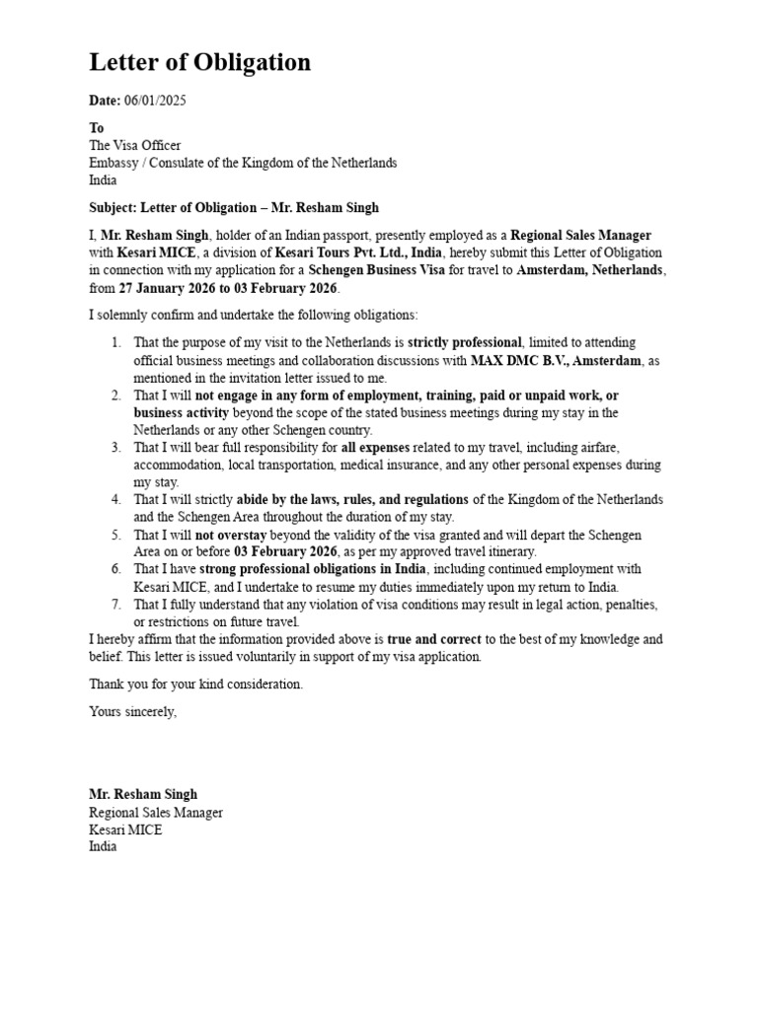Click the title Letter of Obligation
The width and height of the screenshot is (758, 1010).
tap(199, 63)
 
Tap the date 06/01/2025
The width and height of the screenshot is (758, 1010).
tap(155, 101)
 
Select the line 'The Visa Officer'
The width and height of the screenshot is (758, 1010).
tap(135, 145)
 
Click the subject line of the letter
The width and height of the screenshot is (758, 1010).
tap(234, 208)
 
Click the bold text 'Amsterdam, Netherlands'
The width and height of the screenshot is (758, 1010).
tap(591, 270)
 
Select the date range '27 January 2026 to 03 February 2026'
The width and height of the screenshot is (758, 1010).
tap(228, 288)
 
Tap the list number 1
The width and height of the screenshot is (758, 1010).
tap(115, 342)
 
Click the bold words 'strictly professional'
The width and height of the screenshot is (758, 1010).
tap(466, 342)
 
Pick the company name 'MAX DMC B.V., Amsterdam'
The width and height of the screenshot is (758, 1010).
tap(555, 360)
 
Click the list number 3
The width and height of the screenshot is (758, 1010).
tap(115, 448)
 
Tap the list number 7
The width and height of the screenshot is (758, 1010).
tap(115, 605)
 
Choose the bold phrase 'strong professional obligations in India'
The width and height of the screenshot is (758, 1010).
tap(313, 570)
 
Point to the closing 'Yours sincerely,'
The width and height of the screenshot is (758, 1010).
tap(133, 711)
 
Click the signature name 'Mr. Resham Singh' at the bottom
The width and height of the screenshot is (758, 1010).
tap(143, 794)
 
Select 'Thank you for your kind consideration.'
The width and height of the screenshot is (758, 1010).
tap(196, 684)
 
